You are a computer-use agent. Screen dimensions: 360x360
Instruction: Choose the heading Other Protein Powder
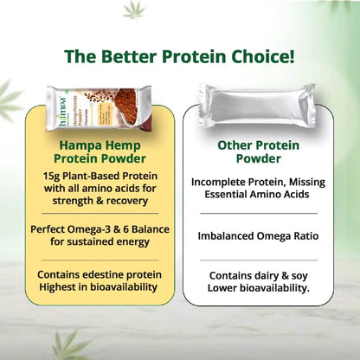coord(252,152)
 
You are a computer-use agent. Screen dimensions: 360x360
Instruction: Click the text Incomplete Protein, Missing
coord(252,183)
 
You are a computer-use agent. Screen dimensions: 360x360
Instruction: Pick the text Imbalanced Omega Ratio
coord(252,234)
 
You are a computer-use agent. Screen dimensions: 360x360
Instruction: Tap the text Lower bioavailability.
coord(252,288)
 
